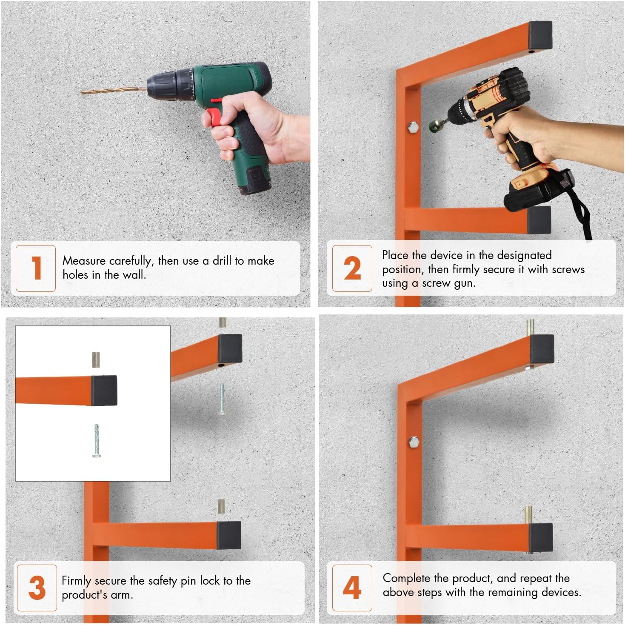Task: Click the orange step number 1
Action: [x=37, y=268]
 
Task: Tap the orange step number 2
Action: [x=352, y=268]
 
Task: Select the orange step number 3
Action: [x=37, y=588]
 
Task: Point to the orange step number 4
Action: [x=352, y=588]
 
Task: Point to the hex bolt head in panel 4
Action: [x=413, y=442]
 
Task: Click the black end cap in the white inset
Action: [x=104, y=390]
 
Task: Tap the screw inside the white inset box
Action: [x=97, y=441]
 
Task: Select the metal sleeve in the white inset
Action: [x=96, y=360]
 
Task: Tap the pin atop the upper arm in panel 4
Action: [x=530, y=327]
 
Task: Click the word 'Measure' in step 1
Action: [x=84, y=261]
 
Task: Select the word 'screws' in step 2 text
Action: [x=568, y=269]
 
